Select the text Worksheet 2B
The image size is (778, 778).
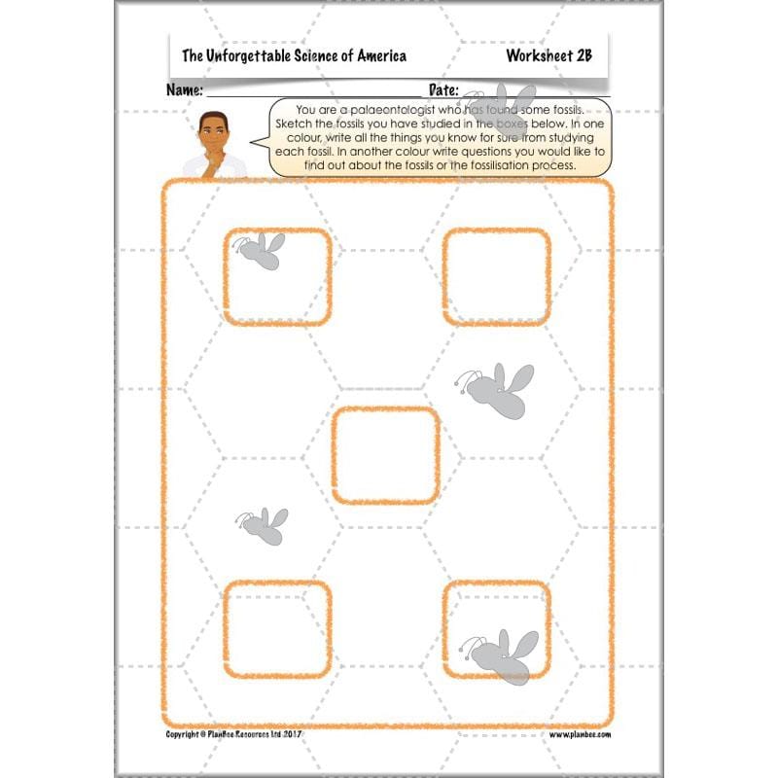pos(549,56)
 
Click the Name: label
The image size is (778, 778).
pos(185,90)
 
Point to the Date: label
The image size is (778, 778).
pos(443,90)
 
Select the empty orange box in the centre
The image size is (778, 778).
pos(385,455)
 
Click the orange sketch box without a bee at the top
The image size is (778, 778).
pos(496,277)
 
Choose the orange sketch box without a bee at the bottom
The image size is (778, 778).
pos(277,628)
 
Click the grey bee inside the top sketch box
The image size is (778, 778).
pos(261,250)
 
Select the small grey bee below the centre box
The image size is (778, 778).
pos(263,525)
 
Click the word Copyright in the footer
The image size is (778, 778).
pos(186,735)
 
